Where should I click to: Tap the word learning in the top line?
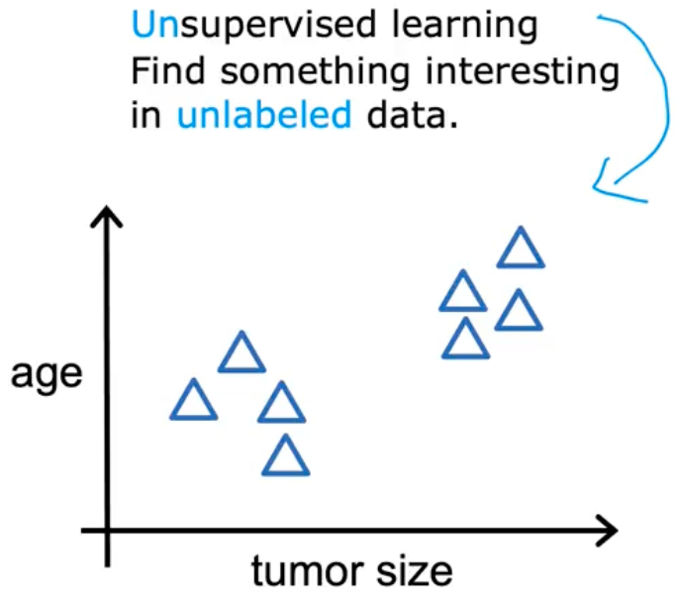[465, 26]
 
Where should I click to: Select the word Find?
[167, 70]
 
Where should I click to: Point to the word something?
[315, 72]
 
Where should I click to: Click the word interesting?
[522, 72]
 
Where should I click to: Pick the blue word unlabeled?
[264, 114]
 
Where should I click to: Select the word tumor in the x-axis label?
[306, 570]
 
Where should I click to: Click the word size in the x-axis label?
[415, 570]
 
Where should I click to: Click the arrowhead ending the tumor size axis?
[608, 531]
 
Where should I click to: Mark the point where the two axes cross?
[107, 531]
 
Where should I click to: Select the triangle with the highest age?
[521, 248]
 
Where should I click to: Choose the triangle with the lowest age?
[285, 455]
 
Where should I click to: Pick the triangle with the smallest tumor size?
[194, 399]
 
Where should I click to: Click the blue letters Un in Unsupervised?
[154, 25]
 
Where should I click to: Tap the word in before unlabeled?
[145, 115]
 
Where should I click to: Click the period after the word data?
[452, 125]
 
